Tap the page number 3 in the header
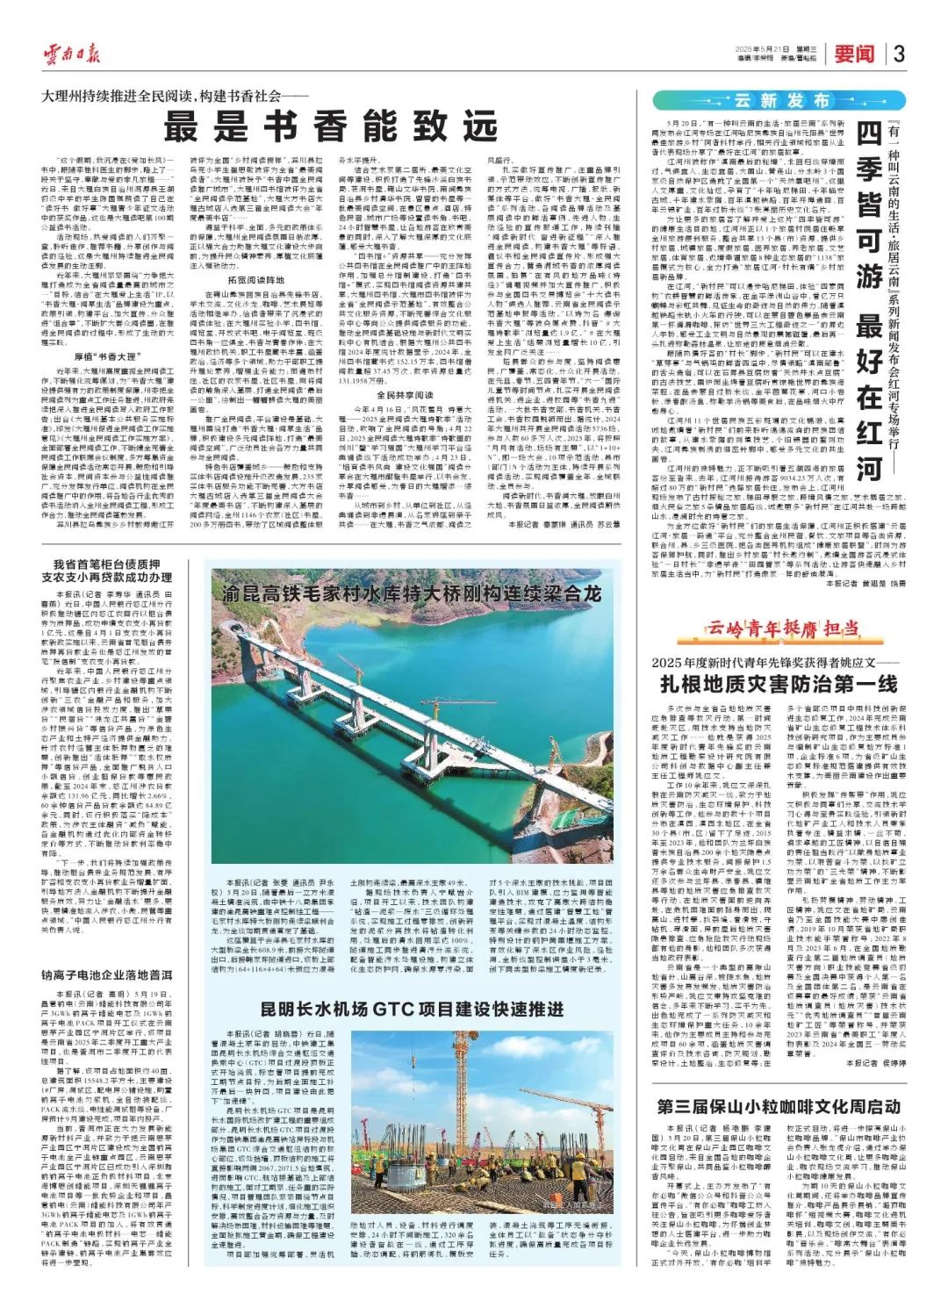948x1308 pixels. pyautogui.click(x=899, y=54)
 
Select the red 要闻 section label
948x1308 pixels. pyautogui.click(x=854, y=54)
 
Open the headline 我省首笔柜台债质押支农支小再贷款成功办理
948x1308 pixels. pyautogui.click(x=111, y=571)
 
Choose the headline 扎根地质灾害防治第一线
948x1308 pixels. pyautogui.click(x=779, y=684)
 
